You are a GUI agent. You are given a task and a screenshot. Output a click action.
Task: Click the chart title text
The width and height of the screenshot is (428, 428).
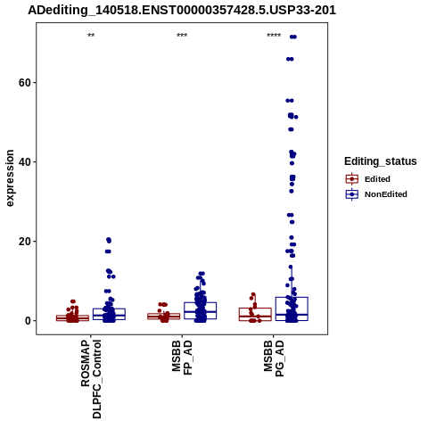(x=182, y=11)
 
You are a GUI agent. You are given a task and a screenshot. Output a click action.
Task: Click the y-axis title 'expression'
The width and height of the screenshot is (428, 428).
(x=10, y=178)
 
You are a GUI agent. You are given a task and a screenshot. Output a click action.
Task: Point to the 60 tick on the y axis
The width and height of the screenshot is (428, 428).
(x=25, y=83)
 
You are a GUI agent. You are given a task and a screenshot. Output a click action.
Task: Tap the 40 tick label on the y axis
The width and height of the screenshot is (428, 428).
(x=25, y=162)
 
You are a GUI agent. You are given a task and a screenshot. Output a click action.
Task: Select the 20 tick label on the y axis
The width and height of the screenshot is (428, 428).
(x=25, y=242)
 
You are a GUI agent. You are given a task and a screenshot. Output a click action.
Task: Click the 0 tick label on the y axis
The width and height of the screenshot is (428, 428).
(x=28, y=321)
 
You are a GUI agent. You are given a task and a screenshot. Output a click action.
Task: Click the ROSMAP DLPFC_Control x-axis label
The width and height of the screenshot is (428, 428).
(x=91, y=379)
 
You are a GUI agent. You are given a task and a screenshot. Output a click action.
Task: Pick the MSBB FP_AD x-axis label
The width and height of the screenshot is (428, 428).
(x=182, y=358)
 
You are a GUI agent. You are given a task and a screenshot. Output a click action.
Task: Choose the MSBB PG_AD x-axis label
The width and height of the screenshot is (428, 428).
(x=274, y=358)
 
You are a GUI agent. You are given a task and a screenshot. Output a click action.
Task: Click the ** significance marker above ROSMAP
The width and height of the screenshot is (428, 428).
(x=91, y=36)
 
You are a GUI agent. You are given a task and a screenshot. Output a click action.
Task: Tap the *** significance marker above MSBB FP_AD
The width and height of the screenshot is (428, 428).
(x=182, y=36)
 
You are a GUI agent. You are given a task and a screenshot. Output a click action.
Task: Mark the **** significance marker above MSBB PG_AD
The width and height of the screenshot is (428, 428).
(x=274, y=36)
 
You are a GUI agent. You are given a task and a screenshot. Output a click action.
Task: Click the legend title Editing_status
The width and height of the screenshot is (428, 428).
(x=381, y=161)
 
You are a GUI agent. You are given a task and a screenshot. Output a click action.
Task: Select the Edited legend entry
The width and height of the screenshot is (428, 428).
(x=367, y=179)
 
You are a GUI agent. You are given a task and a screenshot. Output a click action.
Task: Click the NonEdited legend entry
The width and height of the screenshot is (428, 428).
(x=376, y=194)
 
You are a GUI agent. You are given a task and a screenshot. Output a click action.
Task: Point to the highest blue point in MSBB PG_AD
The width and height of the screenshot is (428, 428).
(x=293, y=37)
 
